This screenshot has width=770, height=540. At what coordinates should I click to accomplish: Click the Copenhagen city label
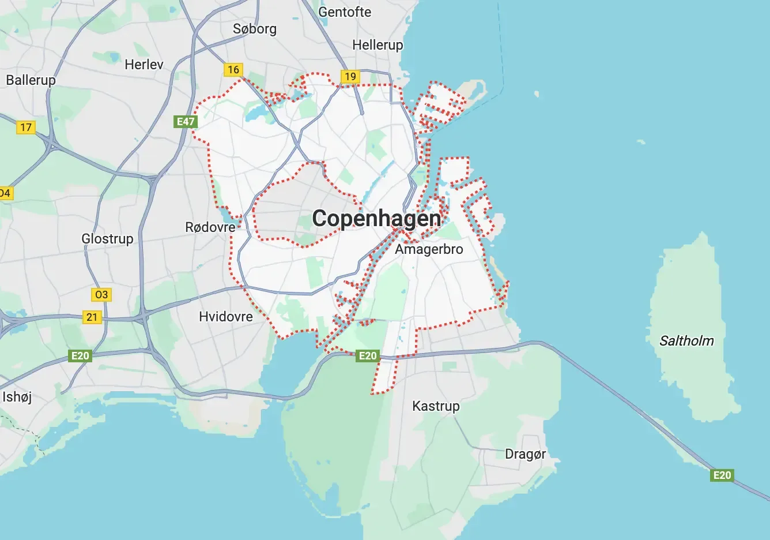(x=376, y=219)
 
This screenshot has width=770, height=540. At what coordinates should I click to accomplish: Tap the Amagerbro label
(x=429, y=249)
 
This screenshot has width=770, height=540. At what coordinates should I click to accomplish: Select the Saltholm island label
(x=686, y=341)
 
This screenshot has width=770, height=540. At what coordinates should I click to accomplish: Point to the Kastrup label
(x=436, y=406)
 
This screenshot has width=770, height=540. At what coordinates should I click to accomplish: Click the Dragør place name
(x=525, y=454)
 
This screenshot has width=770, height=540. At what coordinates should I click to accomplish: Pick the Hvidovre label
(x=226, y=317)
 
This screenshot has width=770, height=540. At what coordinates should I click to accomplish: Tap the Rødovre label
(x=210, y=227)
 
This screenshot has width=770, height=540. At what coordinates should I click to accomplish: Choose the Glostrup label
(x=107, y=238)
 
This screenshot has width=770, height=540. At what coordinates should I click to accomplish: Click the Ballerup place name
(x=31, y=80)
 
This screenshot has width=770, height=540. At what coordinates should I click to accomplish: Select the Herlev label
(x=144, y=65)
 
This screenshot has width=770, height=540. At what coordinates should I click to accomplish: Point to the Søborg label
(x=255, y=29)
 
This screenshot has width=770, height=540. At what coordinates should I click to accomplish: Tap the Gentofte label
(x=345, y=12)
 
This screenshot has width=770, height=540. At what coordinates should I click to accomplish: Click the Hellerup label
(x=378, y=45)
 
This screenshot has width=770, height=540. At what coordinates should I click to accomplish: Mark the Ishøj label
(x=17, y=397)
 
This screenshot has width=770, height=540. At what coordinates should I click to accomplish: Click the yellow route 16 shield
(x=233, y=70)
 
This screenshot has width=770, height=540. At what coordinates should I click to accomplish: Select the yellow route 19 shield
(x=350, y=77)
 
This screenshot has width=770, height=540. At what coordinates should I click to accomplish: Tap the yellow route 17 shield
(x=26, y=127)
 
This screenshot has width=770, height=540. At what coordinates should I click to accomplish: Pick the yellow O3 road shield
(x=101, y=295)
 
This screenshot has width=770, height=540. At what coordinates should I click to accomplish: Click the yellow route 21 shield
(x=92, y=317)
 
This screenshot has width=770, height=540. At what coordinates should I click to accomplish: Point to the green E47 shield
(x=186, y=121)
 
